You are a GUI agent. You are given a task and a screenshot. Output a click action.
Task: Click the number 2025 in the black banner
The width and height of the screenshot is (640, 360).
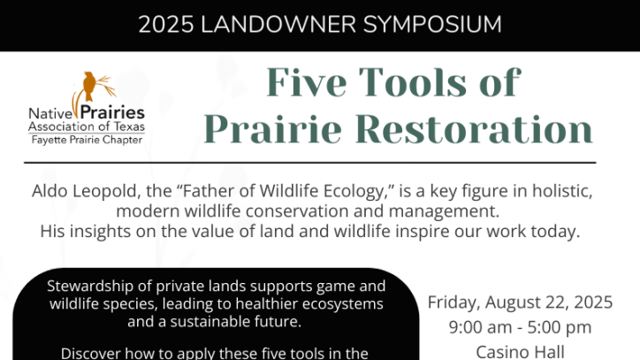point(165,25)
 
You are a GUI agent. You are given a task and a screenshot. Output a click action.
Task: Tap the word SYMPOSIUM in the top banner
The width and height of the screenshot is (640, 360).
point(432,25)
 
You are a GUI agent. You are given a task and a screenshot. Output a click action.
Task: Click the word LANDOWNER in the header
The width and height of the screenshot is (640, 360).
point(278,25)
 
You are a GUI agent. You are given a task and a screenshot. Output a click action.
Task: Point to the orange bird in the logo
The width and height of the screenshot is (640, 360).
point(89,86)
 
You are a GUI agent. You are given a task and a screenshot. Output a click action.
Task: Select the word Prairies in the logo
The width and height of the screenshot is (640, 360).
point(112,112)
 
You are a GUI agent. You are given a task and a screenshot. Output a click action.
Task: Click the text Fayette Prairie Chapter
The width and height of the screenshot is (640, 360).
point(87,140)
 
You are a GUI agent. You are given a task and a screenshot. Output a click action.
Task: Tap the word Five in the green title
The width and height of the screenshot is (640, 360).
point(307,82)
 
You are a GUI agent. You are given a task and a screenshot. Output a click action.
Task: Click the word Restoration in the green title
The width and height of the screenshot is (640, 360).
point(475,129)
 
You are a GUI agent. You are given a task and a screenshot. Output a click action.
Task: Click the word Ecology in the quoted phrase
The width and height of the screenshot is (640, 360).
point(355,191)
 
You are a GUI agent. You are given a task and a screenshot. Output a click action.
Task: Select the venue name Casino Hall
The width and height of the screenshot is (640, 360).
point(520,352)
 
